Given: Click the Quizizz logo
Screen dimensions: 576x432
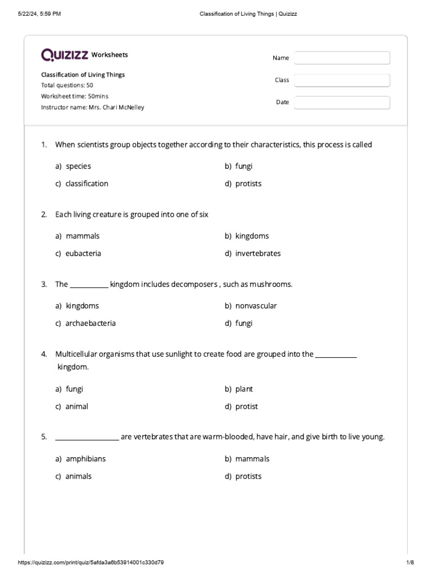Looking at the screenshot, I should pyautogui.click(x=65, y=55).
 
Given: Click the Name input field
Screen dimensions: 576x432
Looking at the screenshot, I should pyautogui.click(x=342, y=58).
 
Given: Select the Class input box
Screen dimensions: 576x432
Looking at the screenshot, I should pyautogui.click(x=342, y=80).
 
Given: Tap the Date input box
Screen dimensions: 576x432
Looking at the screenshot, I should pyautogui.click(x=342, y=102).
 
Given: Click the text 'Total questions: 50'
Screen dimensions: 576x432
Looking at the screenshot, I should pyautogui.click(x=67, y=85).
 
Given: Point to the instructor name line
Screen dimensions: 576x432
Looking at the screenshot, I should pyautogui.click(x=92, y=107).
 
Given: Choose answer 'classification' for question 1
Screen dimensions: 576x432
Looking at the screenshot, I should pyautogui.click(x=86, y=183).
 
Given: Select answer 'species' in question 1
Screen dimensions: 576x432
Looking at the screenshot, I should pyautogui.click(x=78, y=166).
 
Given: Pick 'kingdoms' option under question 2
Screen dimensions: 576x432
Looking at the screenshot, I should pyautogui.click(x=251, y=236).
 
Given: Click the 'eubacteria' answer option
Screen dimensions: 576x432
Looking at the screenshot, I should pyautogui.click(x=83, y=254).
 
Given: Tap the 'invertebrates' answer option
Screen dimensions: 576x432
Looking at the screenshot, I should pyautogui.click(x=258, y=254).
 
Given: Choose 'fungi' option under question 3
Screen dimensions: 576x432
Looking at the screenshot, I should pyautogui.click(x=244, y=323).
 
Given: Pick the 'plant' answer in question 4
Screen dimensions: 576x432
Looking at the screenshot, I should pyautogui.click(x=244, y=389).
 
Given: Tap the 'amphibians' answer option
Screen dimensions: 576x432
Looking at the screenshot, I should pyautogui.click(x=85, y=459).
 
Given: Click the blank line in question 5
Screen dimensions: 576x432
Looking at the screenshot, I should pyautogui.click(x=87, y=438).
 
